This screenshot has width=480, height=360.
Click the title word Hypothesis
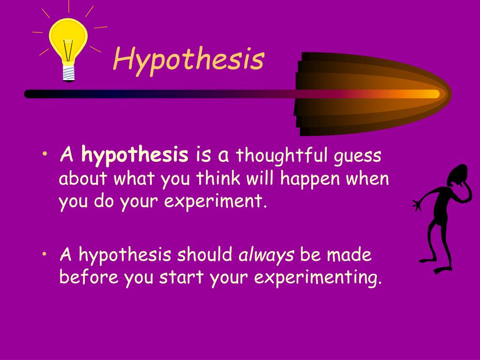tap(189, 60)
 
